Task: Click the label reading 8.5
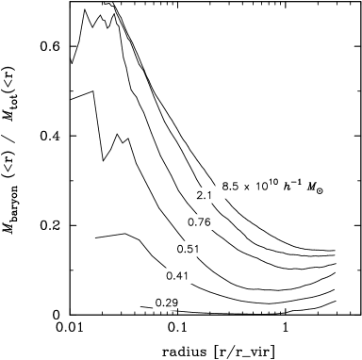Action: [x=230, y=187]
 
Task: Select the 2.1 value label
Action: [x=204, y=195]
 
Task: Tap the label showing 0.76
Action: [x=199, y=222]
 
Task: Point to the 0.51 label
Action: [x=189, y=249]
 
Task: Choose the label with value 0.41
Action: [x=177, y=276]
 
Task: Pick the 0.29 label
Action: [x=166, y=303]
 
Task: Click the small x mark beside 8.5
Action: [x=246, y=188]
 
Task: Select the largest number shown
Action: [x=230, y=187]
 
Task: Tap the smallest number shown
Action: [x=166, y=303]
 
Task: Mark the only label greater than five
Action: [x=230, y=187]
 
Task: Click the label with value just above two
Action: [x=204, y=195]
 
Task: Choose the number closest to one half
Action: [x=189, y=249]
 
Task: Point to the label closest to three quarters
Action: [x=199, y=222]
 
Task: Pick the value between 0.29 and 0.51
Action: [x=177, y=276]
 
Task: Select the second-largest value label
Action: [x=204, y=195]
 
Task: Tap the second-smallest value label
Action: [x=177, y=276]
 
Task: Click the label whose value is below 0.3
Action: [x=166, y=303]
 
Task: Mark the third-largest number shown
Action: [x=199, y=222]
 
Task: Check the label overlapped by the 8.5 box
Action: [x=204, y=195]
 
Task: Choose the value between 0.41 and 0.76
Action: [x=189, y=249]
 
